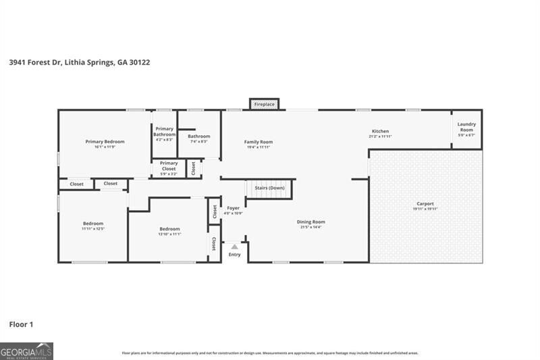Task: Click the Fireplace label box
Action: click(265, 104)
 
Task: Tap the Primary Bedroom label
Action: click(105, 142)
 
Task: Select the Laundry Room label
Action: click(466, 126)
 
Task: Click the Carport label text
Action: click(425, 204)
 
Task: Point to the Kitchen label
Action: click(380, 132)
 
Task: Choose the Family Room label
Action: click(258, 142)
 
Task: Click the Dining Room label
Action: click(311, 222)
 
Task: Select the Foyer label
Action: click(233, 209)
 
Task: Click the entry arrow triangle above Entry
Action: click(234, 247)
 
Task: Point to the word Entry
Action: click(234, 255)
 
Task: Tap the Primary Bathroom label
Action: click(164, 132)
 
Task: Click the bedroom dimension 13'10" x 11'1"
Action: click(169, 234)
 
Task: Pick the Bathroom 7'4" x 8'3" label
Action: click(198, 138)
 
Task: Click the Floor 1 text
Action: click(21, 325)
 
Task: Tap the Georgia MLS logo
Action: click(26, 351)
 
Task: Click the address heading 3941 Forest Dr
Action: click(79, 62)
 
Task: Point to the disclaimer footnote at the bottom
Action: click(270, 353)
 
